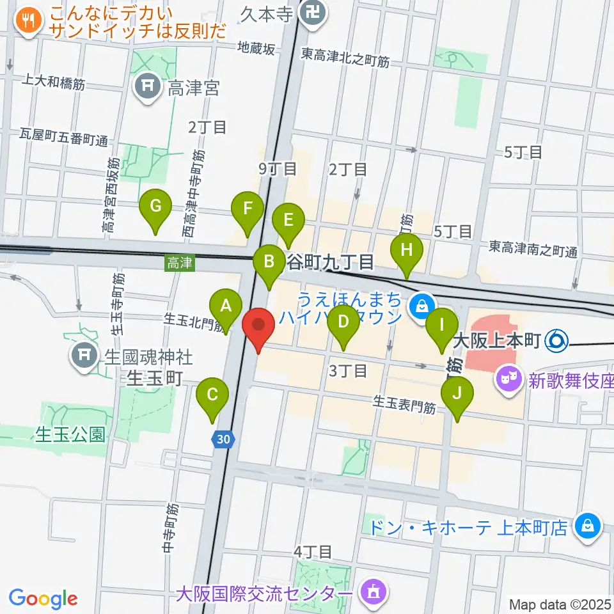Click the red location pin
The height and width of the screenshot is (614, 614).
coord(259,326)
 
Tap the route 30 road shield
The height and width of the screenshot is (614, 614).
coord(223,439)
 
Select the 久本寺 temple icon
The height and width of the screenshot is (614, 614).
coord(313,11)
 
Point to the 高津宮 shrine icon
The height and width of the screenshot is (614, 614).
coord(148,88)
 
